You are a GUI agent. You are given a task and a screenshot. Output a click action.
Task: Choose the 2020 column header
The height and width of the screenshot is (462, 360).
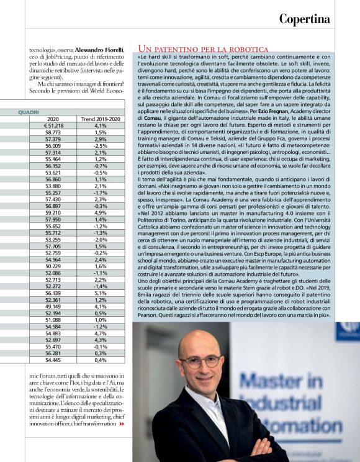[x=53, y=119]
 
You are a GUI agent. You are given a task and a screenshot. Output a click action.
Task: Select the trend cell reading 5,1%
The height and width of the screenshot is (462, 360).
[x=101, y=294]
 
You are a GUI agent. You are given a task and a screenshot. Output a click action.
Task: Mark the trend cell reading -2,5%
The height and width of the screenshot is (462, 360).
[x=101, y=146]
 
